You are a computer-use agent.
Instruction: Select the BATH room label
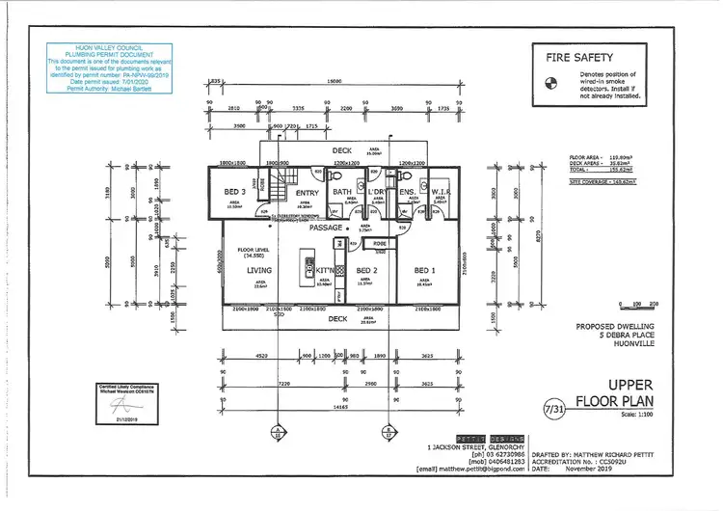[x=342, y=191]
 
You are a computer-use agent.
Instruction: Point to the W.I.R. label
[x=440, y=191]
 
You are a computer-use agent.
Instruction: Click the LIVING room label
[x=260, y=270]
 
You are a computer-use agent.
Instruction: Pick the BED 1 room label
[x=425, y=270]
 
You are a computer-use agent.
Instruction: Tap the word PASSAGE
[x=327, y=229]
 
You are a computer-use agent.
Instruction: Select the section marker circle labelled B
[x=387, y=431]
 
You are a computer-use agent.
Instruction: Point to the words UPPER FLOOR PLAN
[x=614, y=391]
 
